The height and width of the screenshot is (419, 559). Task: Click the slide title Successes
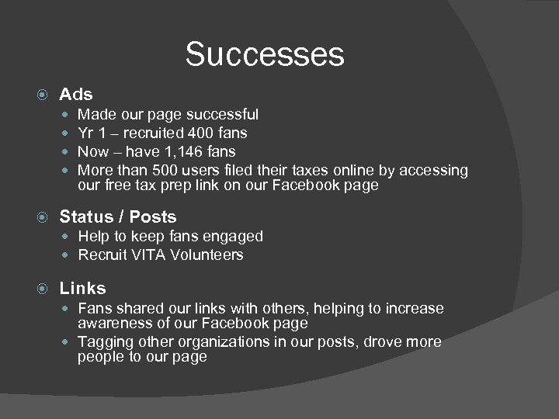(x=265, y=54)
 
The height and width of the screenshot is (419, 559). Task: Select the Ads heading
(x=76, y=95)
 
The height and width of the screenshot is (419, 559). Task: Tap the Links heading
(x=82, y=288)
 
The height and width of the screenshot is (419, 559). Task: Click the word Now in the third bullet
(x=93, y=151)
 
